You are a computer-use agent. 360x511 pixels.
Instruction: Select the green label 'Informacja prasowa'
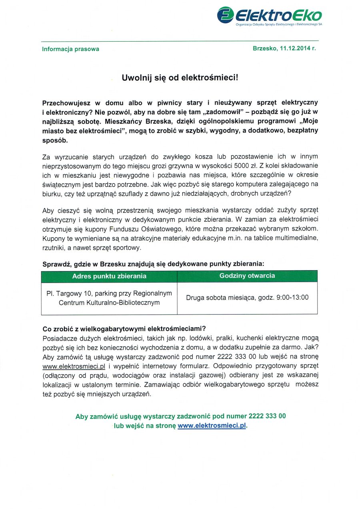(70, 49)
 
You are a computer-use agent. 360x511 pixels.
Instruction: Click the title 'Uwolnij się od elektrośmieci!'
(180, 78)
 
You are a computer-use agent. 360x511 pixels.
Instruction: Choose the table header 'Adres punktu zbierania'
(109, 276)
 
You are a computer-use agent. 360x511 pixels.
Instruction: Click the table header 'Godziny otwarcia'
(247, 276)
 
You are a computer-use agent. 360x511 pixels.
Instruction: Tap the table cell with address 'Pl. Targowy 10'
(109, 298)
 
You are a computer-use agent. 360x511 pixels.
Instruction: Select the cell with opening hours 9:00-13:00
(247, 298)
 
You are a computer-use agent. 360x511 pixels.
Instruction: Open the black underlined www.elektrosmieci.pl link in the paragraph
(74, 366)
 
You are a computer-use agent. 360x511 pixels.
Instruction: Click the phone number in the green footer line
(267, 416)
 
